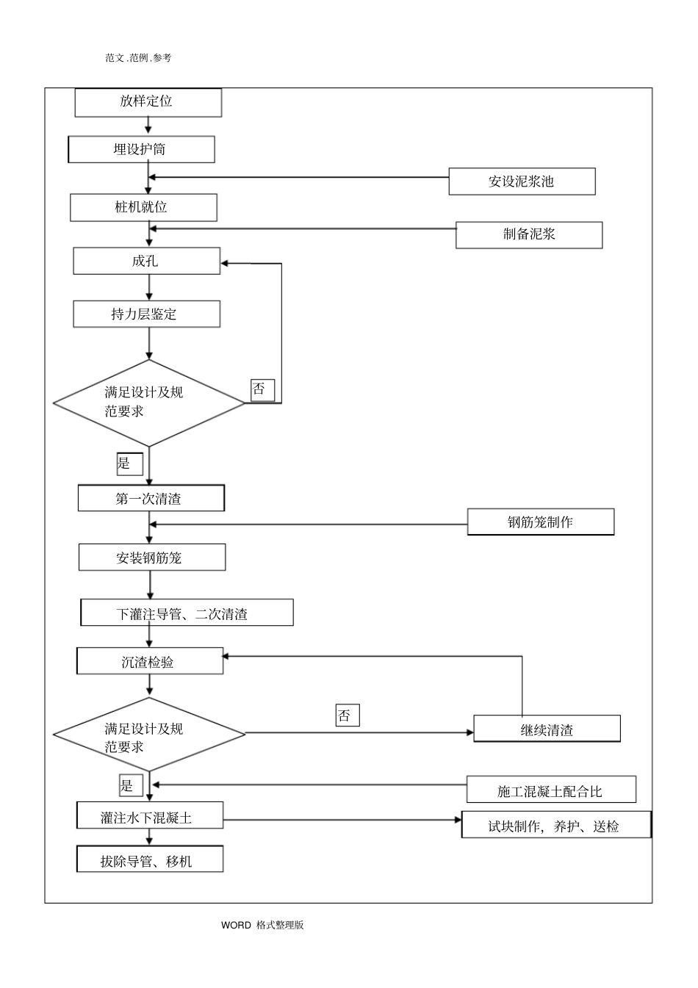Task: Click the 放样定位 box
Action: click(148, 102)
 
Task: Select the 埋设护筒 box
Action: click(141, 149)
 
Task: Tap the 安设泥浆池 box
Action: click(522, 181)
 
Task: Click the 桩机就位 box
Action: click(143, 208)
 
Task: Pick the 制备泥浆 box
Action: click(529, 235)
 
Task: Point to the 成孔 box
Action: click(146, 261)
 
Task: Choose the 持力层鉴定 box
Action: click(146, 314)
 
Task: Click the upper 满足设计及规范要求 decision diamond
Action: click(148, 403)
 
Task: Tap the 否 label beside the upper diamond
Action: click(262, 390)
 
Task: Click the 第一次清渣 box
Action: click(151, 499)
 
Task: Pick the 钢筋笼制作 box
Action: click(540, 522)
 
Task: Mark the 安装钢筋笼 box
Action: click(151, 558)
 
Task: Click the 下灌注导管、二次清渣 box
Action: click(187, 613)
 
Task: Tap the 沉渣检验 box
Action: click(150, 661)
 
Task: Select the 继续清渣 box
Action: click(547, 729)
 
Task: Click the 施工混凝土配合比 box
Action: click(550, 790)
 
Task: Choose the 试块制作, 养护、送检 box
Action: click(555, 826)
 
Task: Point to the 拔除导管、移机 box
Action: click(149, 860)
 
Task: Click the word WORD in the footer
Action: click(236, 925)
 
